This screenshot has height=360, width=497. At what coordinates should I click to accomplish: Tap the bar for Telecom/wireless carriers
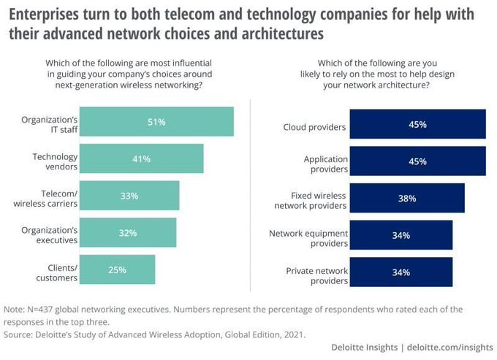(x=129, y=195)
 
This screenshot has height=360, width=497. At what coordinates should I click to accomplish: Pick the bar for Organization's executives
(x=127, y=232)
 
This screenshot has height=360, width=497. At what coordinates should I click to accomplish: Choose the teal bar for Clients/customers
(x=117, y=269)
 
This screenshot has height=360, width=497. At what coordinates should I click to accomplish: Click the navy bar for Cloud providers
(x=417, y=124)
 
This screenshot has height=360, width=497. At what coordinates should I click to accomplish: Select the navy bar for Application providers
(x=417, y=161)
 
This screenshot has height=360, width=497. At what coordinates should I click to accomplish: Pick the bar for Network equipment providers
(x=401, y=235)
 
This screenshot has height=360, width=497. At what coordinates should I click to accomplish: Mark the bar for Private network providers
(x=401, y=272)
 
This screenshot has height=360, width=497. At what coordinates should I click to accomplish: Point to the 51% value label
(x=156, y=121)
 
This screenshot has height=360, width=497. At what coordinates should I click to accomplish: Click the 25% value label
(x=117, y=269)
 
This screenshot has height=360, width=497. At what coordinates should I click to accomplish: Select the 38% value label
(x=407, y=198)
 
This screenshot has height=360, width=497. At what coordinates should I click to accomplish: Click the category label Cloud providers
(x=314, y=127)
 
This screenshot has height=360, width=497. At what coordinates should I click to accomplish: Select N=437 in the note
(x=42, y=309)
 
